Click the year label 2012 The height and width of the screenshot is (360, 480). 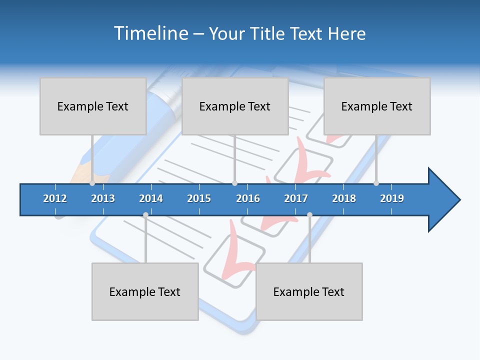click(55, 198)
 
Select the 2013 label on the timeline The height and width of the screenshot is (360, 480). click(103, 198)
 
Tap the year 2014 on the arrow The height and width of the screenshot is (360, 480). click(151, 198)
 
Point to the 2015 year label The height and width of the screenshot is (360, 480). click(199, 198)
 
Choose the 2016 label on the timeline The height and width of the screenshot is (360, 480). click(248, 198)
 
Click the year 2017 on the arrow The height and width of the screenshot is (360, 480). click(296, 198)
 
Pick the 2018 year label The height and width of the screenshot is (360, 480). click(344, 198)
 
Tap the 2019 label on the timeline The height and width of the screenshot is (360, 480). click(392, 198)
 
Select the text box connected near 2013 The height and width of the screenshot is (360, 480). click(93, 106)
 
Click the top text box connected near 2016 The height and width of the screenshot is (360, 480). click(235, 106)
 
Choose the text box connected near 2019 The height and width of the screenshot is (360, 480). click(377, 106)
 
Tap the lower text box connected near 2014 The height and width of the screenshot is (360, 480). click(145, 291)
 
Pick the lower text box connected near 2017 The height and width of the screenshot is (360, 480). click(309, 291)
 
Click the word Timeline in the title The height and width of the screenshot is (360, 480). click(150, 33)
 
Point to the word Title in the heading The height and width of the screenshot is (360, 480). click(268, 33)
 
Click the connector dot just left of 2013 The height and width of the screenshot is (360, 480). click(92, 183)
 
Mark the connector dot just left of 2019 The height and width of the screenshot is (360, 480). click(376, 183)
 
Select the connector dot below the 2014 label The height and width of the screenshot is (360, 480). click(145, 215)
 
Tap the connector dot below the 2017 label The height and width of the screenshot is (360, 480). click(309, 215)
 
